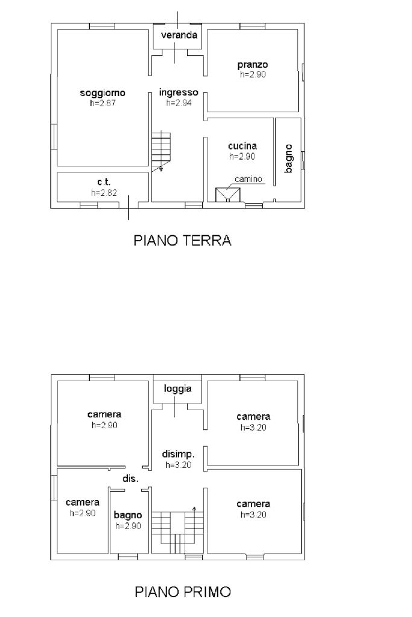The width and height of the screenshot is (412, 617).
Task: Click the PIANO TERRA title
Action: click(x=182, y=240)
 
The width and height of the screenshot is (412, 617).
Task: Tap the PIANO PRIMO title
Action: click(x=183, y=592)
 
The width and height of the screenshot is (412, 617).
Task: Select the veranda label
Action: click(x=179, y=35)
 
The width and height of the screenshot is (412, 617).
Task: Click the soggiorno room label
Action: click(x=103, y=93)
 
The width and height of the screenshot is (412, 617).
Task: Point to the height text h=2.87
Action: click(x=103, y=104)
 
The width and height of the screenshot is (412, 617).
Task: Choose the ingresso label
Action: click(x=179, y=93)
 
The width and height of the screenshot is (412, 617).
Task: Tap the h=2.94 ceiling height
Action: click(x=179, y=103)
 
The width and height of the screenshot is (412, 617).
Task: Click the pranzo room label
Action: click(x=253, y=65)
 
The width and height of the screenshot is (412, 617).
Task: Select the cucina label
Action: click(x=242, y=146)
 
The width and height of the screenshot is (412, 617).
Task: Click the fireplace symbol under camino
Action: click(x=228, y=195)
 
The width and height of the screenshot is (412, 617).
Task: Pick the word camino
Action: click(x=249, y=179)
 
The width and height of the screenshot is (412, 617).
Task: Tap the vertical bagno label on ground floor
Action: click(x=288, y=158)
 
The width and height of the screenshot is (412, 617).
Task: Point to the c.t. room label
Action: click(x=104, y=182)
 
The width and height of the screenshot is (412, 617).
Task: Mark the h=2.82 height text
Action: click(x=104, y=193)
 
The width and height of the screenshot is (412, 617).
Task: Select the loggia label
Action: click(x=178, y=389)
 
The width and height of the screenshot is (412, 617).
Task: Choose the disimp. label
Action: click(x=179, y=455)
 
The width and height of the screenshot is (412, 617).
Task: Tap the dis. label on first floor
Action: click(x=130, y=478)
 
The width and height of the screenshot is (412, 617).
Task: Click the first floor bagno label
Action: click(x=128, y=515)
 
